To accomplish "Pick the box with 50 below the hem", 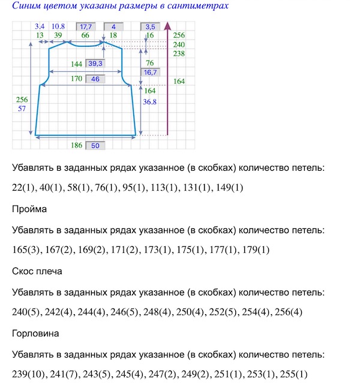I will click(95, 146).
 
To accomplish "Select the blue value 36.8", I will click(150, 102).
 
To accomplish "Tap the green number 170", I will click(76, 79).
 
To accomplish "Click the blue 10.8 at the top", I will click(58, 27).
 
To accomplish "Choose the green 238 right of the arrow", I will click(179, 53).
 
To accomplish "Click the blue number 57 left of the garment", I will click(22, 108).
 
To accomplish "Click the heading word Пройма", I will click(28, 209).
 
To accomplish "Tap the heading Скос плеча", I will click(37, 271).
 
